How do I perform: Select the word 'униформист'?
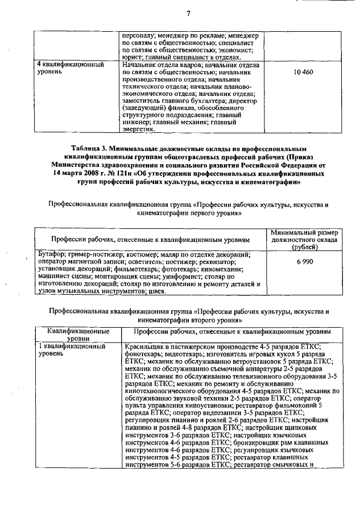click(x=173, y=276)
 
